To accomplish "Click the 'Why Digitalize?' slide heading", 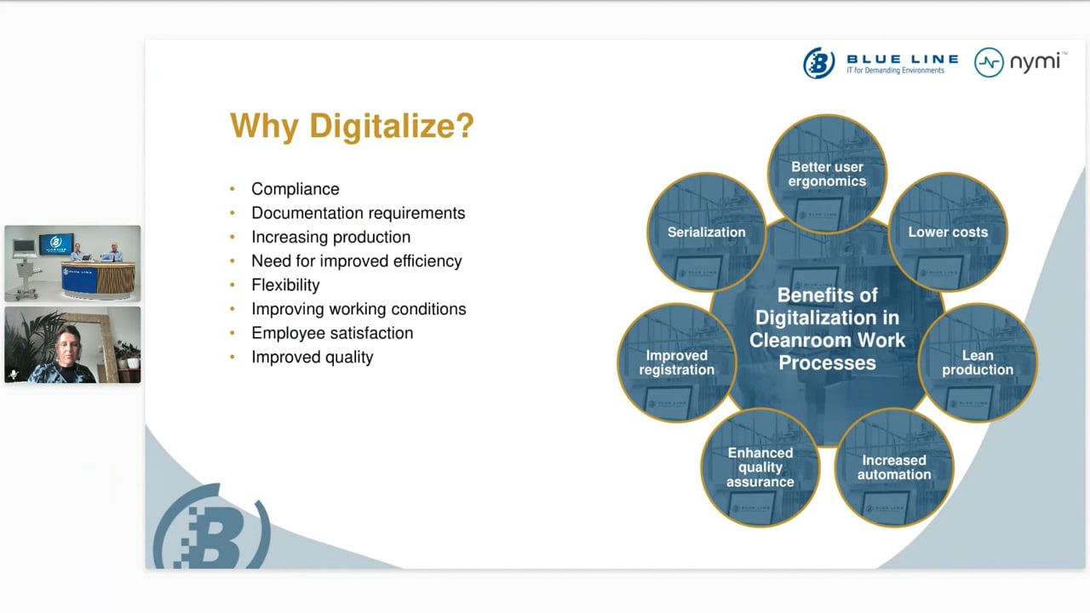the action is (352, 126).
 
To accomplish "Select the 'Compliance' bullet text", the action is (295, 189).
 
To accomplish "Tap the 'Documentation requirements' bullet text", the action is (359, 213).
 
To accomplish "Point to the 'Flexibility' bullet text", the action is (285, 285).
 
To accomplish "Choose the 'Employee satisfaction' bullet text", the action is (332, 333).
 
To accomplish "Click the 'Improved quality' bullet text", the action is (313, 357).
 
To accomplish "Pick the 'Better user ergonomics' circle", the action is (827, 175).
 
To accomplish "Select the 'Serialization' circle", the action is (707, 232).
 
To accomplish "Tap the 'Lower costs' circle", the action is (948, 232).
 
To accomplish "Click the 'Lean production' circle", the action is (978, 363).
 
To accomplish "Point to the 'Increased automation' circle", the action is (894, 467).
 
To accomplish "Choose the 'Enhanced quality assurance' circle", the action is (760, 467).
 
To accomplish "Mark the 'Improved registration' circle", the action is (677, 363).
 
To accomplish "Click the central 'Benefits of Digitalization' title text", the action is (827, 329).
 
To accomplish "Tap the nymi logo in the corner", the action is (1021, 62).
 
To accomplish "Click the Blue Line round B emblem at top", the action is (819, 63).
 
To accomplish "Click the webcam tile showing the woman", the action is (72, 345).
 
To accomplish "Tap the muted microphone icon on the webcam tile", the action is (14, 374).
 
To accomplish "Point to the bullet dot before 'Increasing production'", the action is (232, 237).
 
